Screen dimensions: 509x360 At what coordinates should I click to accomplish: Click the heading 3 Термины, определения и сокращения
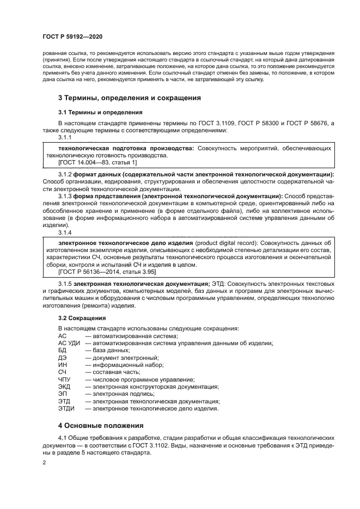click(x=130, y=98)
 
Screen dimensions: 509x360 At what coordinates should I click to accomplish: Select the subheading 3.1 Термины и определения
click(x=91, y=113)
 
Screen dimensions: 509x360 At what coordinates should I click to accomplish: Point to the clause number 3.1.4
click(x=65, y=232)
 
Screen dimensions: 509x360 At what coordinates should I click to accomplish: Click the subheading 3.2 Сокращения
click(x=82, y=317)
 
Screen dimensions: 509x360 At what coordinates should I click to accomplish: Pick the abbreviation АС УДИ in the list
click(x=69, y=343)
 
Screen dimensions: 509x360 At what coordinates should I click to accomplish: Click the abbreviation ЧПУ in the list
click(x=64, y=379)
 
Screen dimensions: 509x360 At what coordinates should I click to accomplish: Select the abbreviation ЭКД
click(x=64, y=387)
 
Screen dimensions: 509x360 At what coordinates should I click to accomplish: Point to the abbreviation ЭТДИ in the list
click(x=66, y=408)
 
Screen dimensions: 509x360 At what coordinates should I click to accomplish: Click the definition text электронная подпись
click(x=123, y=394)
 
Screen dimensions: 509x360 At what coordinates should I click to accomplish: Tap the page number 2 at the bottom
click(x=45, y=462)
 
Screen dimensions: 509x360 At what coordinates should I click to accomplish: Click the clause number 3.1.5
click(x=65, y=284)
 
